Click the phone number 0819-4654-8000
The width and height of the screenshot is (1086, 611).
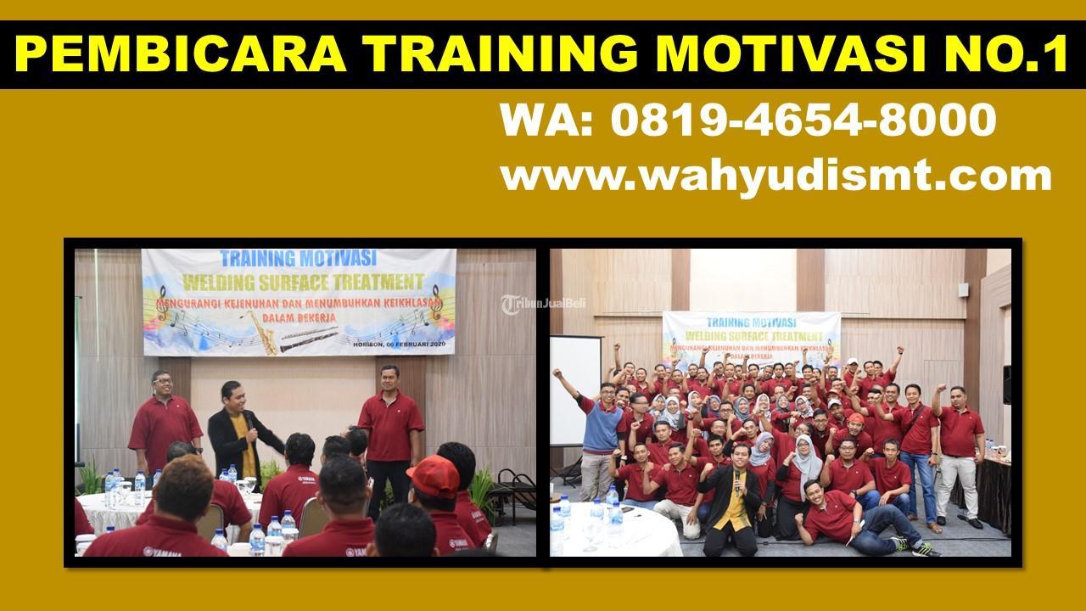(x=803, y=120)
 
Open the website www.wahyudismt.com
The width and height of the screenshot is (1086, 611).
(x=775, y=177)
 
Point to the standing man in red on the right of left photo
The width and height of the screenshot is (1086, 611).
(x=390, y=433)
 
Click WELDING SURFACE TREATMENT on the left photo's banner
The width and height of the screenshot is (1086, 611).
(x=302, y=280)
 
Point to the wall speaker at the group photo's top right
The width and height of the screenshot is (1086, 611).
(x=1006, y=384)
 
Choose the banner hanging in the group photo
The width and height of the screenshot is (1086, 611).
(x=751, y=339)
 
